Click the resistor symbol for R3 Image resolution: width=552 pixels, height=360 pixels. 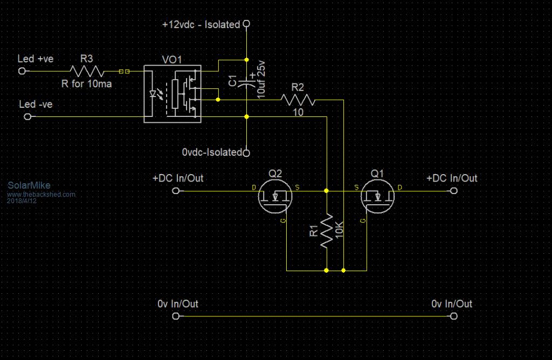tap(86, 71)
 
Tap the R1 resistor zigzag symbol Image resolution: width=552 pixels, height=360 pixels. tap(327, 231)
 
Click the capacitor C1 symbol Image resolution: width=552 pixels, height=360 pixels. tap(246, 82)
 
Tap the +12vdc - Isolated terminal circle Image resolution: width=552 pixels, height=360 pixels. tap(246, 24)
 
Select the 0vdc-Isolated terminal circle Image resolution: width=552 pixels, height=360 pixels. tap(246, 153)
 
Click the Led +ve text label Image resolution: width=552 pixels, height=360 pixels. tap(36, 59)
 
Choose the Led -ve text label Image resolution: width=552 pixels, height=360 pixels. tap(36, 104)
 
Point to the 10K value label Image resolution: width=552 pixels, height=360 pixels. tap(339, 231)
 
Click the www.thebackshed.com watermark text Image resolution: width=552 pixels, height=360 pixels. tap(42, 193)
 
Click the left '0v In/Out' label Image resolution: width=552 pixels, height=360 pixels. tap(178, 304)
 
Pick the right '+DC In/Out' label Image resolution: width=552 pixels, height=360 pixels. tap(452, 178)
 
